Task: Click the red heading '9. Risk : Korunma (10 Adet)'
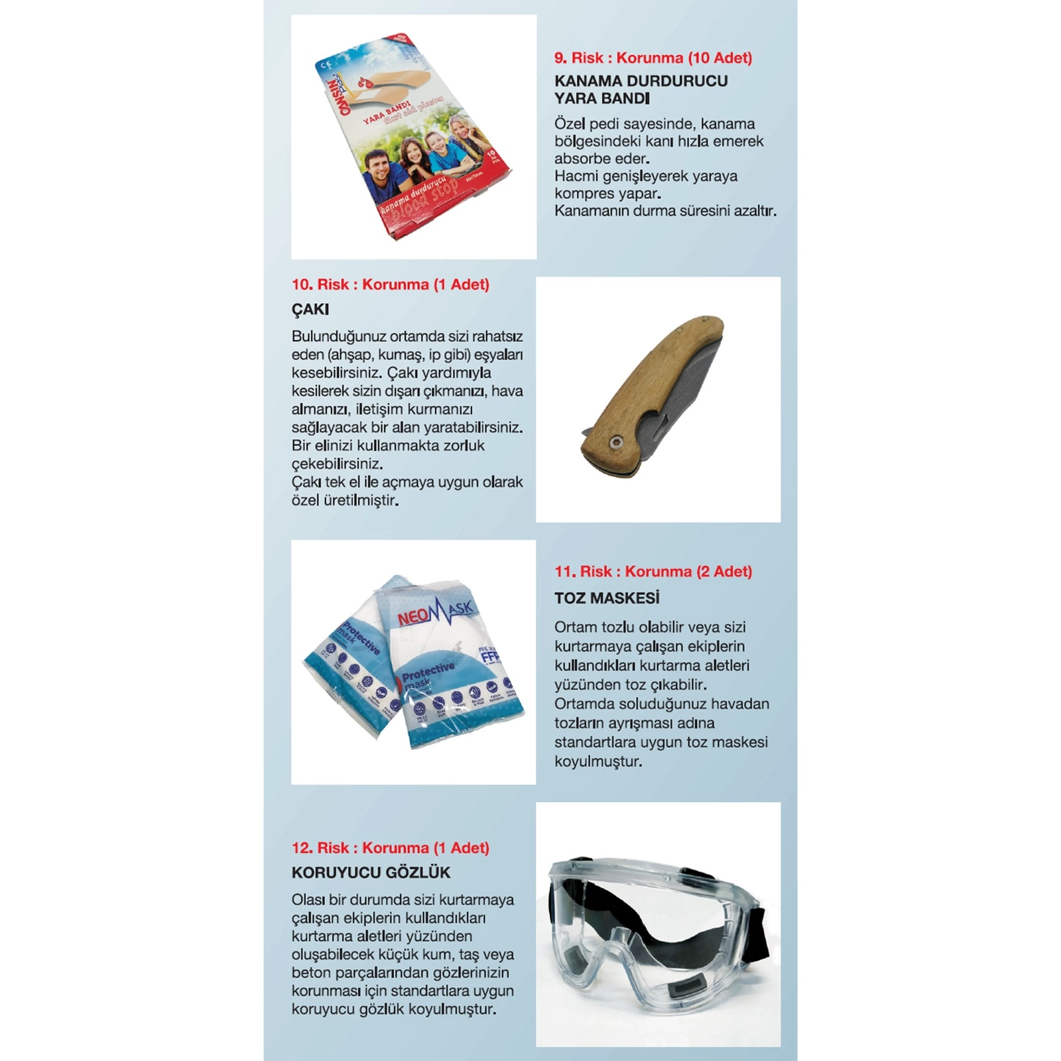pyautogui.click(x=653, y=58)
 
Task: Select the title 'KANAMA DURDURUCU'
pyautogui.click(x=641, y=81)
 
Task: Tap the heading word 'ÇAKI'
pyautogui.click(x=310, y=309)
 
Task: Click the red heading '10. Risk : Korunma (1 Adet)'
pyautogui.click(x=390, y=284)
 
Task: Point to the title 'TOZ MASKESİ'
pyautogui.click(x=607, y=598)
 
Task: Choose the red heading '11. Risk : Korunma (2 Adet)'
pyautogui.click(x=653, y=572)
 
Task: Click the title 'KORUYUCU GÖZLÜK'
pyautogui.click(x=371, y=873)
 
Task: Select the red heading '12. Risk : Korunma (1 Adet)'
pyautogui.click(x=390, y=847)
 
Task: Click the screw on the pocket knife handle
pyautogui.click(x=617, y=442)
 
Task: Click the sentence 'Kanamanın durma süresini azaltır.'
pyautogui.click(x=664, y=211)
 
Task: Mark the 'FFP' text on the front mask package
pyautogui.click(x=489, y=656)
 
